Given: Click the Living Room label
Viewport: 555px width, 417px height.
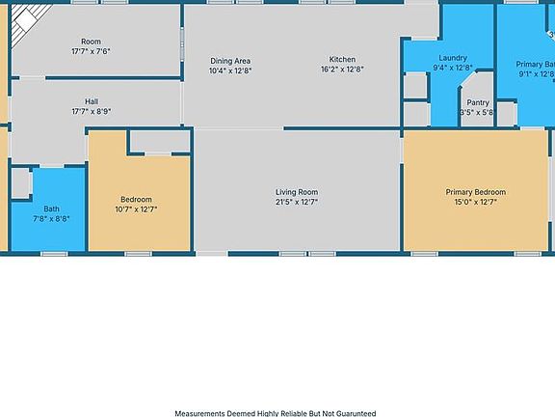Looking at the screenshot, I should (x=296, y=192).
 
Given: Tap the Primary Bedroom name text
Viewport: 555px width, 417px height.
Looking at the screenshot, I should (x=475, y=192).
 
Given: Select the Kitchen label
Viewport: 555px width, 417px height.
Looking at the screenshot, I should (x=342, y=59).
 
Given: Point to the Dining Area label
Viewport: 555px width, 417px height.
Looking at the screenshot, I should (x=230, y=61).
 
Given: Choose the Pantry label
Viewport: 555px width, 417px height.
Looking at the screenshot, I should (x=477, y=102).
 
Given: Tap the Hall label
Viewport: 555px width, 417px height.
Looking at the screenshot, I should (x=92, y=101).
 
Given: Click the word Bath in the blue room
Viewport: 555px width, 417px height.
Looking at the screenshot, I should (x=51, y=208).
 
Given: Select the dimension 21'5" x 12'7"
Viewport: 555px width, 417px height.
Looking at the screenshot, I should (x=296, y=203).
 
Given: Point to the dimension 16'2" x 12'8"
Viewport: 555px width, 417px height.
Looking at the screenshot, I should (x=342, y=69).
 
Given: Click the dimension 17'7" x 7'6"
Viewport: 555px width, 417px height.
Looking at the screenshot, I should (x=91, y=51).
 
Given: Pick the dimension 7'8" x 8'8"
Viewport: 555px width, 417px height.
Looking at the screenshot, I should (x=51, y=219).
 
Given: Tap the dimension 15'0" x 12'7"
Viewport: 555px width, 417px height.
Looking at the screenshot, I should (x=475, y=203).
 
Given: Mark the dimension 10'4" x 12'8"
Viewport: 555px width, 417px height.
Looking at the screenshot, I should (x=230, y=70).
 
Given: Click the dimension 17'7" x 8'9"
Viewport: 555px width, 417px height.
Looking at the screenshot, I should (x=92, y=111).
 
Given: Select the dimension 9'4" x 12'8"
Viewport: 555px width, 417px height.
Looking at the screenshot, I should (x=452, y=69).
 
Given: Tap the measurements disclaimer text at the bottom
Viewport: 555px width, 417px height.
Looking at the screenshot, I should (x=277, y=412).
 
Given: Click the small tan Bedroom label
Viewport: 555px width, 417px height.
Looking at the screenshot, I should (x=136, y=200).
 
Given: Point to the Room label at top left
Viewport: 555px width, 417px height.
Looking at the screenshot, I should (x=91, y=42).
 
